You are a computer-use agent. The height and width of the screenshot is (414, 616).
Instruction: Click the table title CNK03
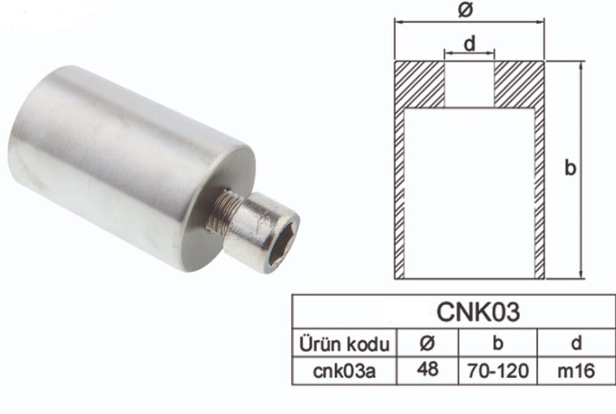tap(478, 312)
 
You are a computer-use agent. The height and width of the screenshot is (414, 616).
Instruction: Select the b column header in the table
tap(497, 343)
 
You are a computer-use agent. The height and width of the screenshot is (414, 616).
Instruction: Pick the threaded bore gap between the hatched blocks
tap(469, 83)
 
